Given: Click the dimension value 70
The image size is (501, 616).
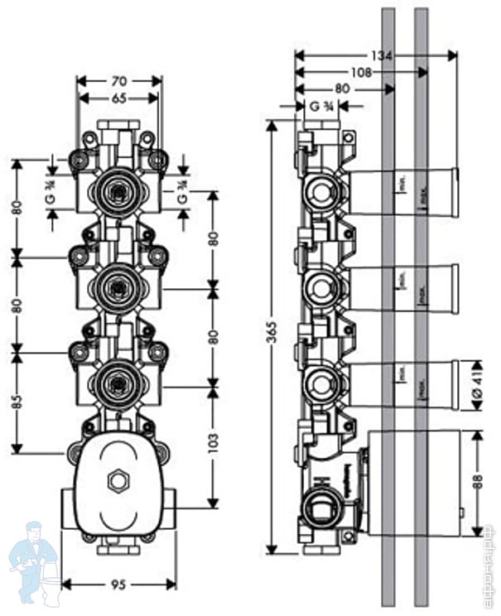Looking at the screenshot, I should coord(118,81).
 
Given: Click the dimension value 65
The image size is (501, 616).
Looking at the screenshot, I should coord(118,98).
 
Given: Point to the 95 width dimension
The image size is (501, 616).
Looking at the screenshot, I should coord(118,585).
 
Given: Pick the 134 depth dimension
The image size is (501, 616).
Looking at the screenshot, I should coord(382,55).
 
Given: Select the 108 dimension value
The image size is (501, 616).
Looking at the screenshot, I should coord(361,72).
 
